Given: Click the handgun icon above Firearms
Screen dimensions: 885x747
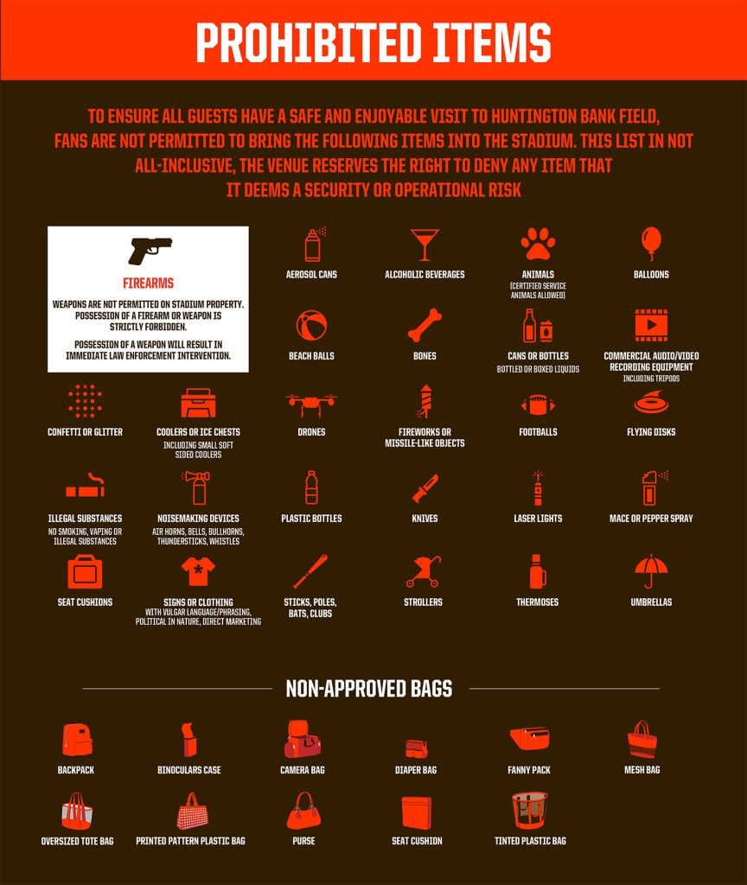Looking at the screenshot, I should point(150,251).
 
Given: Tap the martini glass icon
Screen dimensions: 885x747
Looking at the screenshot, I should point(425,245).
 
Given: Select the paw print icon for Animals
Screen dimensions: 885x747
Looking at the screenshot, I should point(538,244).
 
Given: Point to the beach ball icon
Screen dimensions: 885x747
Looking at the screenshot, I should point(311,326).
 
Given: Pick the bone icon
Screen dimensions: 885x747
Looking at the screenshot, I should point(425,326).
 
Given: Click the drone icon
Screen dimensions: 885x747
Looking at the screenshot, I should point(311,404).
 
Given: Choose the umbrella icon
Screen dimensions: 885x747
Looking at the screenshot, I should point(651,570).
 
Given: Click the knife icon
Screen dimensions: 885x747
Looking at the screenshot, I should point(425,488).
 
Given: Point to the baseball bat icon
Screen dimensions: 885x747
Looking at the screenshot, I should point(310,571).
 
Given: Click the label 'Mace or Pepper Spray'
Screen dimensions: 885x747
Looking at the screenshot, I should point(651,519).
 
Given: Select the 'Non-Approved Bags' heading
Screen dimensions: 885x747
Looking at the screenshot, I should point(369,689).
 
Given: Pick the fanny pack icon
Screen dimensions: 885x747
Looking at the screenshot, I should point(529,740).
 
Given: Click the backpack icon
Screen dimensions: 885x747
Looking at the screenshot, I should point(76,740).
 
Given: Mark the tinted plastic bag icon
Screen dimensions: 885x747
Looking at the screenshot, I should point(529,811).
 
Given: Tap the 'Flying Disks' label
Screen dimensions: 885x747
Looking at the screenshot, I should point(651,432).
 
